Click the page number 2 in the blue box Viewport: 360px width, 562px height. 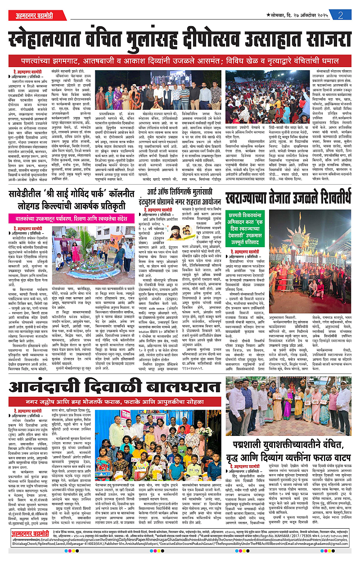[x=343, y=14]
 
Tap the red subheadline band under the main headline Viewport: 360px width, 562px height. [x=180, y=60]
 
